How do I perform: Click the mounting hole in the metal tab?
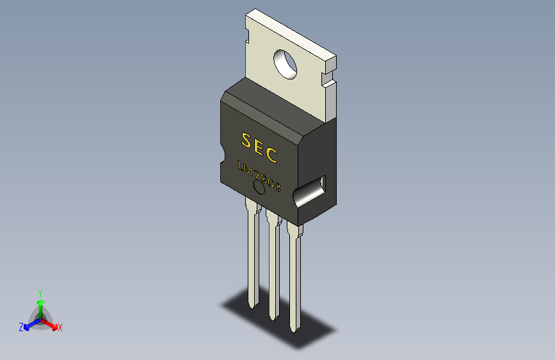click(286, 63)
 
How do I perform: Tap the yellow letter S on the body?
click(246, 140)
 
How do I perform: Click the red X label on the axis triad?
click(60, 328)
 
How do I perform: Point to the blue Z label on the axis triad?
click(21, 327)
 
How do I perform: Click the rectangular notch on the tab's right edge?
click(329, 79)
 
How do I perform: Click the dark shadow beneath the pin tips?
click(282, 320)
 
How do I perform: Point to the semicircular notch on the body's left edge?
click(222, 154)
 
